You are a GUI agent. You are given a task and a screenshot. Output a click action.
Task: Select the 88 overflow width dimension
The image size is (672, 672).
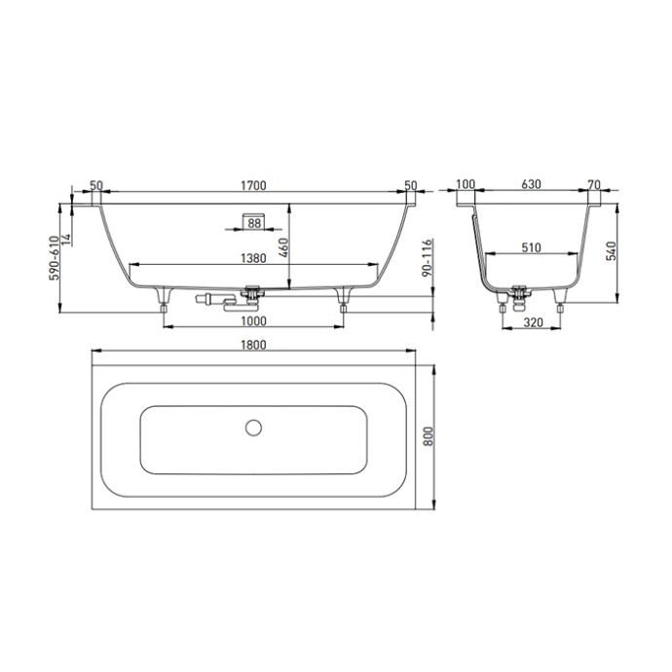tap(253, 224)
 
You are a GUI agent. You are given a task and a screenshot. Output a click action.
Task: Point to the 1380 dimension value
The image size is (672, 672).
tap(253, 258)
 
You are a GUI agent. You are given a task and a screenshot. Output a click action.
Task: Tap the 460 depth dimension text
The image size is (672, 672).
tap(283, 246)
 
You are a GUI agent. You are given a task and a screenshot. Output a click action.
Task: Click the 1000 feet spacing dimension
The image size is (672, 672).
tap(253, 322)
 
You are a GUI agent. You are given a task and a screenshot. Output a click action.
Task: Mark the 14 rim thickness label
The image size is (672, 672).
tap(67, 237)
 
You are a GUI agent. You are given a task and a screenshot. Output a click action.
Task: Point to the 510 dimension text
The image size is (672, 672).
tap(531, 248)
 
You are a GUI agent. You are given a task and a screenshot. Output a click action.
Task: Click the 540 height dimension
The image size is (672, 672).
tap(613, 251)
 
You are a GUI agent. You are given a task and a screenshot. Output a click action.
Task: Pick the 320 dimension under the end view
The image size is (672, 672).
tap(532, 322)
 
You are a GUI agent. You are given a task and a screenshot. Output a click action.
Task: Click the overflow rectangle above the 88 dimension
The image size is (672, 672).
tap(253, 211)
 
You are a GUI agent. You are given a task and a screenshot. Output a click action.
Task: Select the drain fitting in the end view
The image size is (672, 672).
tap(520, 289)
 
